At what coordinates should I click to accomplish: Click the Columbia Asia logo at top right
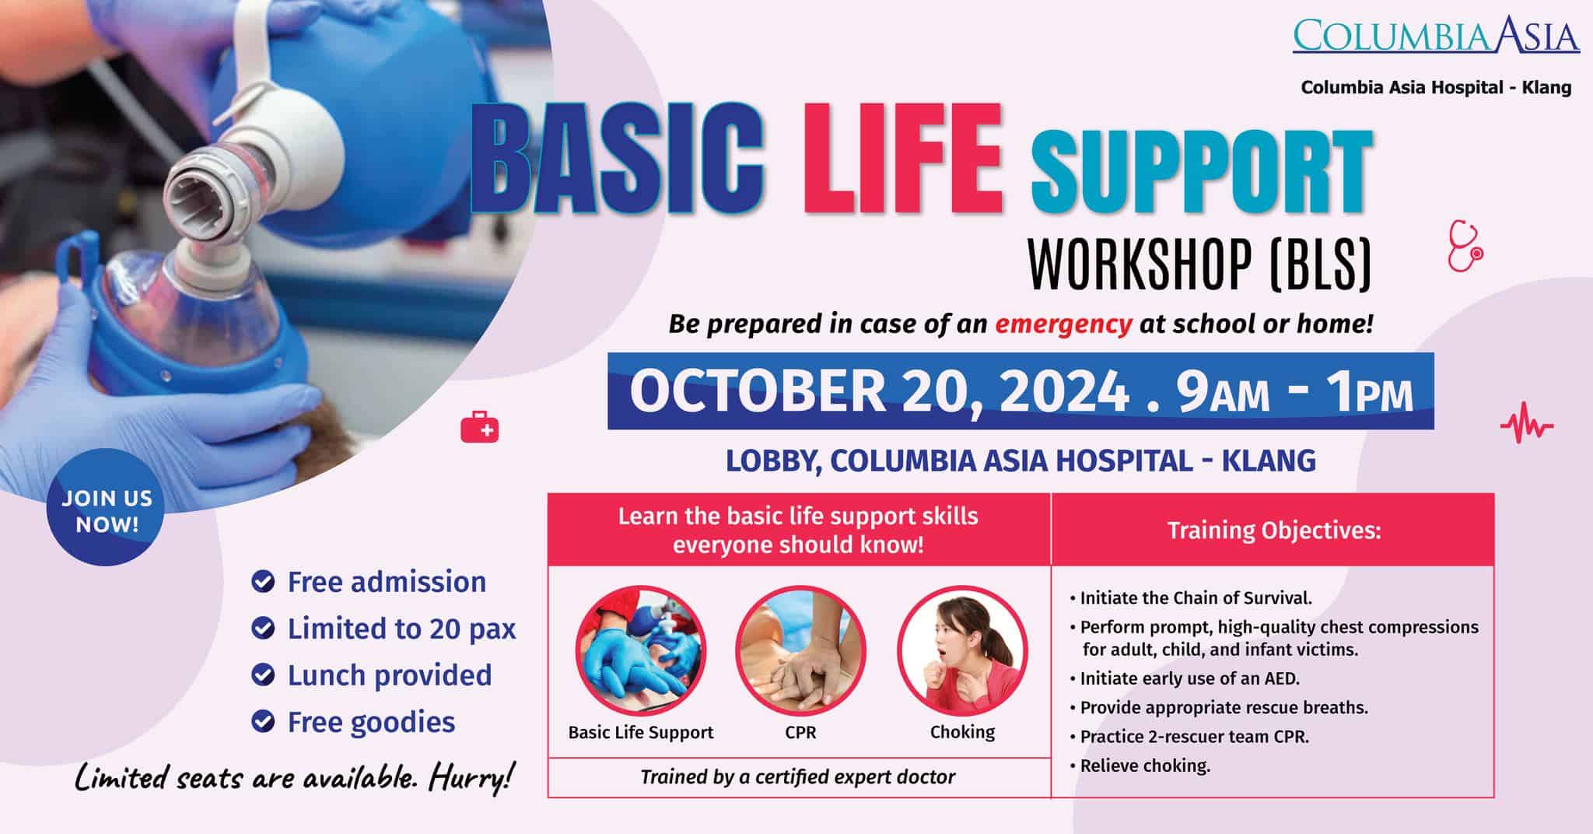tap(1436, 36)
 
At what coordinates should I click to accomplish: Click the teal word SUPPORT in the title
tap(1201, 173)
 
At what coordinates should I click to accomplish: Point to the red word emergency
tap(1063, 324)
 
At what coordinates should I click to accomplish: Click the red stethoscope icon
tap(1465, 247)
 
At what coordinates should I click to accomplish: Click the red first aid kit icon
tap(480, 428)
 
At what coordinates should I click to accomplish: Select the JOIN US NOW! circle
tap(107, 510)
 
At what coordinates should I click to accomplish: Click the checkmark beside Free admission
tap(264, 582)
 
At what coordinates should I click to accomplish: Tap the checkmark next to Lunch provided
tap(264, 675)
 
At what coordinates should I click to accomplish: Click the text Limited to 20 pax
tap(401, 629)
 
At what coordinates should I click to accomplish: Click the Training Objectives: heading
tap(1273, 531)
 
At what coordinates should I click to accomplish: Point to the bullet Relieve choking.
tap(1144, 766)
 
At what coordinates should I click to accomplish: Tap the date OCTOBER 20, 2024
tap(878, 391)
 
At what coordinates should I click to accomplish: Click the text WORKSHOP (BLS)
tap(1199, 265)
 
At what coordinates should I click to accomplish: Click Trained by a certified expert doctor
tap(798, 776)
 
